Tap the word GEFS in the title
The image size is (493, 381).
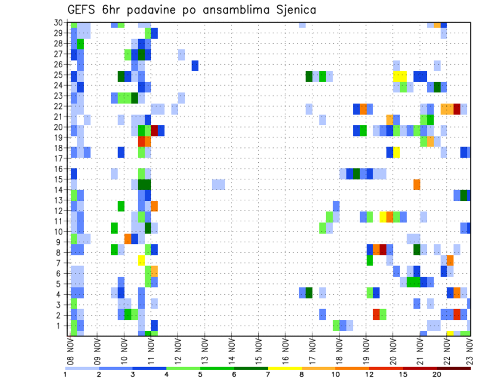pos(84,10)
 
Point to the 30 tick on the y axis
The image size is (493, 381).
pos(59,23)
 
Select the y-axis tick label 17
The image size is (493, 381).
pos(59,159)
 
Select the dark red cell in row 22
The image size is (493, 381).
pos(457,108)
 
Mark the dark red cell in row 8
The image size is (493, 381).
pos(383,250)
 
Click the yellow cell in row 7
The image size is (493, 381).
pos(141,260)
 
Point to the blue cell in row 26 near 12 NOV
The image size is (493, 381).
pos(195,66)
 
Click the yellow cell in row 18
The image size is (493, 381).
pos(396,153)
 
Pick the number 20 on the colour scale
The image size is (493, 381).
pos(437,374)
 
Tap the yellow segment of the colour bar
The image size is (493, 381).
pos(285,368)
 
